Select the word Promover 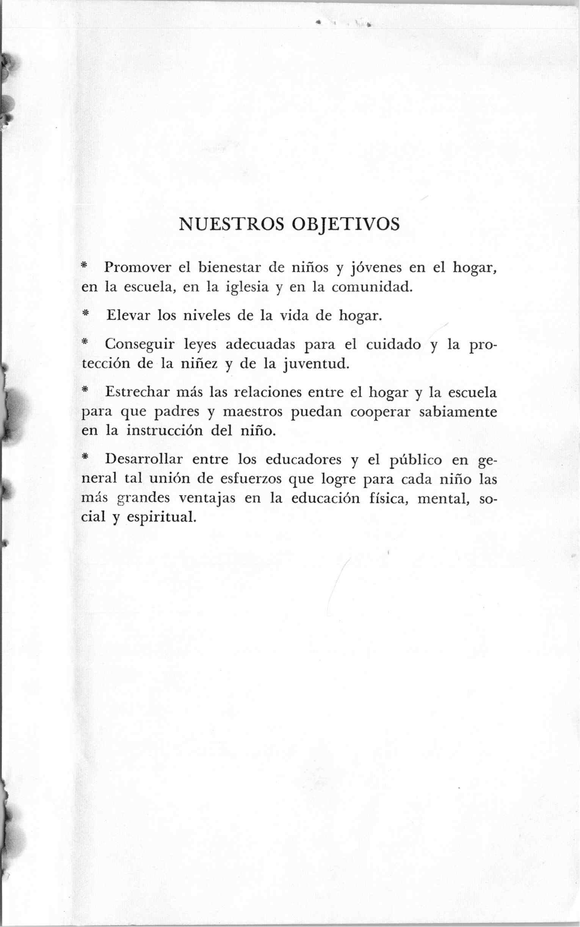click(x=138, y=267)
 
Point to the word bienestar click(x=229, y=267)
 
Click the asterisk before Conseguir click(x=85, y=342)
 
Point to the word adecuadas click(x=260, y=344)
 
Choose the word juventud click(x=317, y=363)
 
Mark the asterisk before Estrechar click(x=85, y=390)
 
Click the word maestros click(x=252, y=411)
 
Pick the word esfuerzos click(x=251, y=479)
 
